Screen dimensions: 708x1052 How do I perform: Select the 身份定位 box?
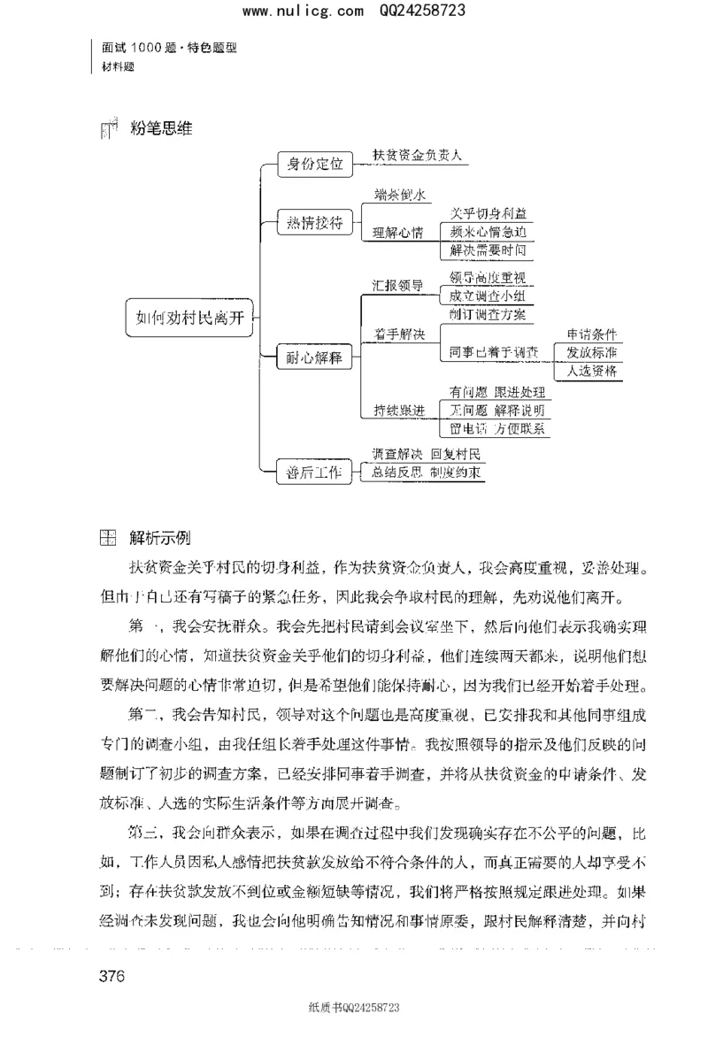point(310,164)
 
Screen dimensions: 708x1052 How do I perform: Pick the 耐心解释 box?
point(310,358)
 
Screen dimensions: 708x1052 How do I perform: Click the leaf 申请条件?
point(591,335)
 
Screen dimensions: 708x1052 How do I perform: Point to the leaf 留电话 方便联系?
point(497,429)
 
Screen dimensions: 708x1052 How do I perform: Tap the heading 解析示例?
point(158,538)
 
